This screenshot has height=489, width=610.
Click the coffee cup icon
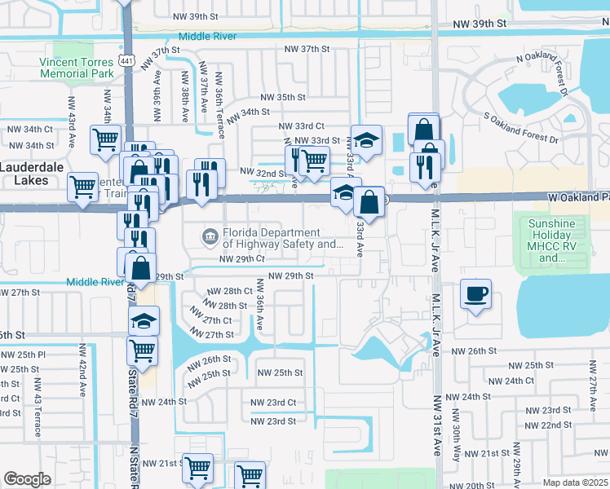click(x=475, y=294)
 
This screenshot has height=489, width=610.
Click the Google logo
click(x=27, y=479)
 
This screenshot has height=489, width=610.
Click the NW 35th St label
click(x=278, y=97)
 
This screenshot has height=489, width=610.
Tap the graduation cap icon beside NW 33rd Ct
click(x=366, y=139)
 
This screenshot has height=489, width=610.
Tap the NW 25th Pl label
click(x=23, y=355)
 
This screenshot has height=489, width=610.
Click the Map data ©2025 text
click(x=575, y=482)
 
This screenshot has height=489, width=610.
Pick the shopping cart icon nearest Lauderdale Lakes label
click(x=82, y=187)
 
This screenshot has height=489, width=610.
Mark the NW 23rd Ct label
click(x=272, y=403)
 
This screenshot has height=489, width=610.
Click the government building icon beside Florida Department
click(x=210, y=237)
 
